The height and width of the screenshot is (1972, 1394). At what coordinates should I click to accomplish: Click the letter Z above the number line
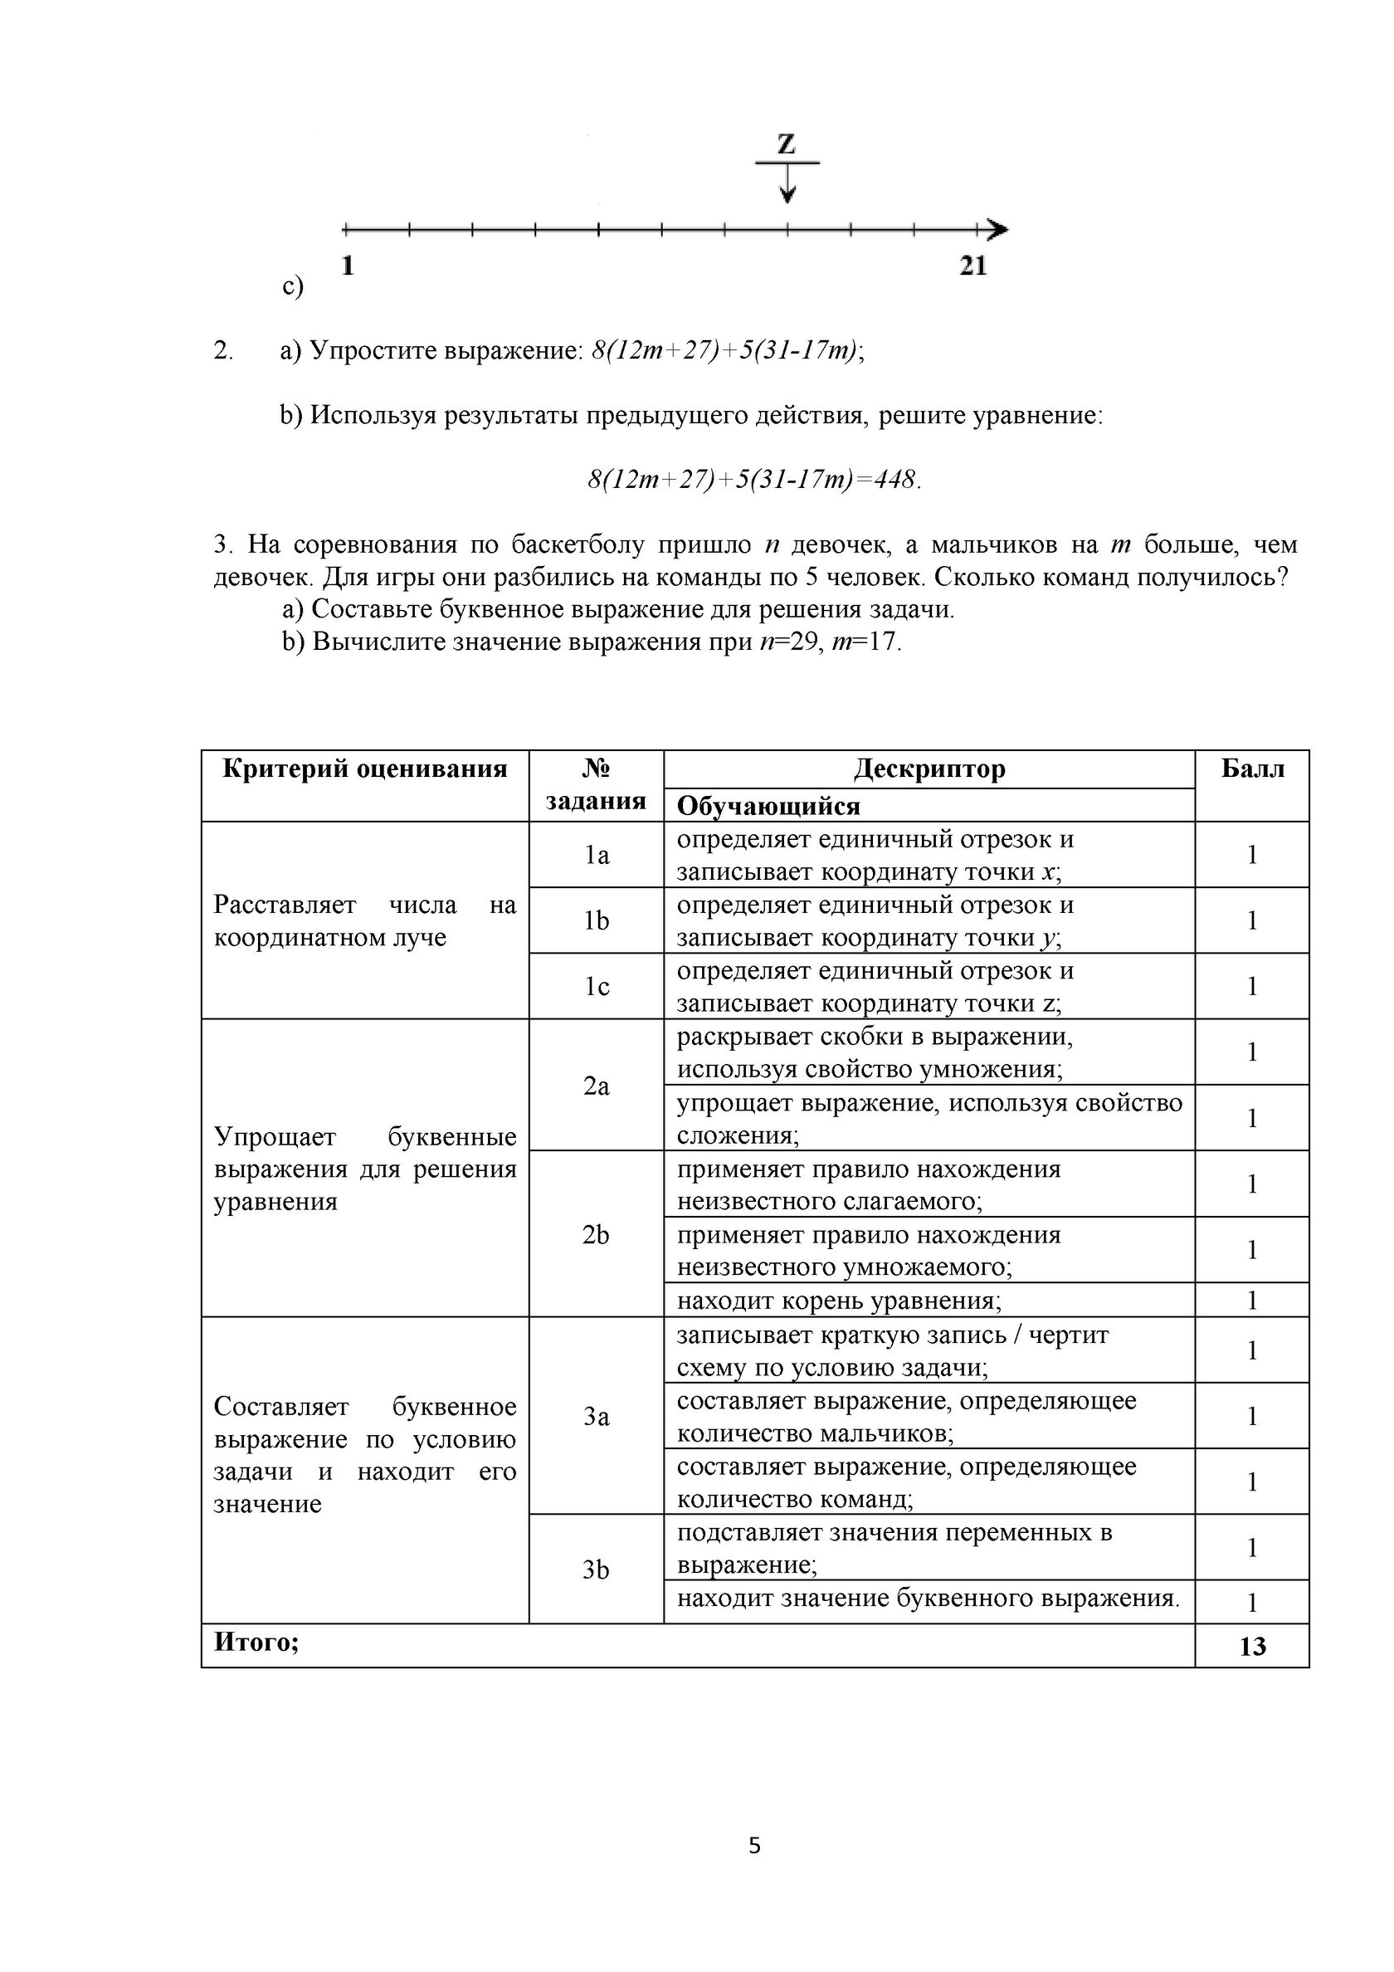click(x=786, y=144)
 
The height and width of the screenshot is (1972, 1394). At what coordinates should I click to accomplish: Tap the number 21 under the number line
click(x=972, y=266)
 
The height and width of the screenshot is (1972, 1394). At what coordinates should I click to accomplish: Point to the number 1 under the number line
click(x=347, y=266)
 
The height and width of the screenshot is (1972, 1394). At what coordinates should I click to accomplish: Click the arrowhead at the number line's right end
click(x=997, y=229)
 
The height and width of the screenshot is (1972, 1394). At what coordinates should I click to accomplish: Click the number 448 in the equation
click(x=895, y=479)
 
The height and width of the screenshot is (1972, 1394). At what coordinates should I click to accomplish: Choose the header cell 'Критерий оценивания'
click(x=364, y=769)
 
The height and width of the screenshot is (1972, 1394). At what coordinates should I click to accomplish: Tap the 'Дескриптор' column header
click(x=929, y=769)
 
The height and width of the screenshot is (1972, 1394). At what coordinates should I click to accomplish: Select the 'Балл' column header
click(x=1251, y=769)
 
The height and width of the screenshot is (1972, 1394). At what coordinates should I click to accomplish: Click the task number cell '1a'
click(x=596, y=855)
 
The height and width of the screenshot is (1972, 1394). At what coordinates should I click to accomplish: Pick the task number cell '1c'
click(x=596, y=986)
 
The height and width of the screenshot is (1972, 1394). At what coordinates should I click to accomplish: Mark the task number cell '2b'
click(x=596, y=1234)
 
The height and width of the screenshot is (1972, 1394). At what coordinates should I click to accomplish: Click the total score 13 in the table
click(x=1251, y=1647)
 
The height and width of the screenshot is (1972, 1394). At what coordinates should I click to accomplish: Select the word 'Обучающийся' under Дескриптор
click(x=768, y=806)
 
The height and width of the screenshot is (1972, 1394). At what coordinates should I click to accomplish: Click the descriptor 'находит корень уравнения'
click(x=838, y=1301)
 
